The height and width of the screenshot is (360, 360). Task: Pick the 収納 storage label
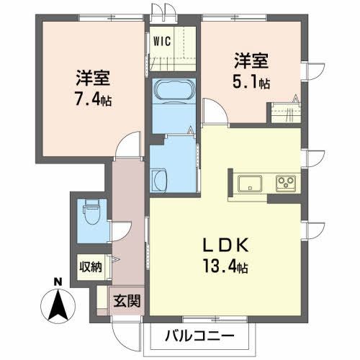click(91, 266)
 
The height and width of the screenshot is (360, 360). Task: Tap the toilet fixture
click(91, 212)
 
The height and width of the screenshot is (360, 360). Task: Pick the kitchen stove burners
click(286, 181)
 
